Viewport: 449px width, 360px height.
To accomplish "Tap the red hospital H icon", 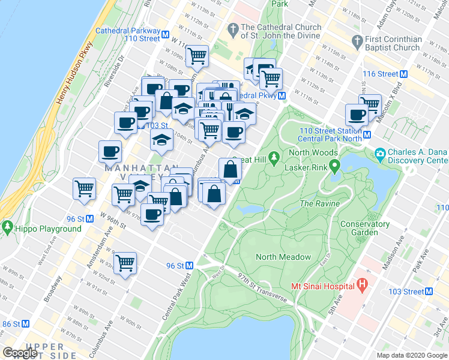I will click(361, 285).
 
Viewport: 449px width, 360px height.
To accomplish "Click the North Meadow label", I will click(283, 257).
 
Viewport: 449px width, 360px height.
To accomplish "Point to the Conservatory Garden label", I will click(365, 228).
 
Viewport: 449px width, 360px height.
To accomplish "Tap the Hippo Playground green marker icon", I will click(7, 228).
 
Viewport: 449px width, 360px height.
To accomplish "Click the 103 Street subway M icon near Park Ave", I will click(428, 292).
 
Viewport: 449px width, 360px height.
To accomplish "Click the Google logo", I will click(20, 353).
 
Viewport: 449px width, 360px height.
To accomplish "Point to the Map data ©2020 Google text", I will click(412, 355).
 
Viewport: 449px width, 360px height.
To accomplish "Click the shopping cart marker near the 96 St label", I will click(125, 262).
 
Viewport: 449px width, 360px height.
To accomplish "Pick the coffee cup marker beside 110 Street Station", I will click(357, 114).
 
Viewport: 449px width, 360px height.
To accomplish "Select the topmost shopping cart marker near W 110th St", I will click(197, 56).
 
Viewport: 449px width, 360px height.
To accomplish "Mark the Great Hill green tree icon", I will click(274, 158).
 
